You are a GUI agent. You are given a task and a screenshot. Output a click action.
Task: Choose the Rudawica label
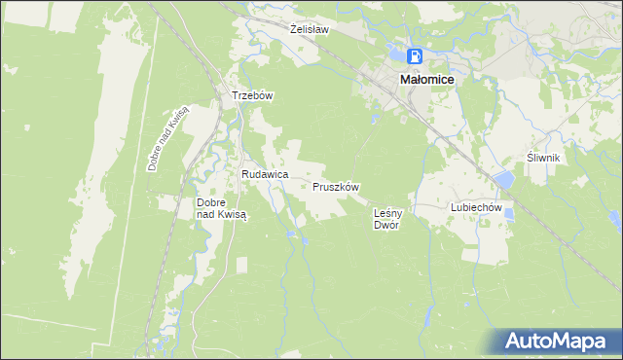click(265, 173)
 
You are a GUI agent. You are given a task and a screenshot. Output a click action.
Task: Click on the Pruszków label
click(337, 186)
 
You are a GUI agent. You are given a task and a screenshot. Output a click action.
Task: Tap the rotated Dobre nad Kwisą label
click(168, 140)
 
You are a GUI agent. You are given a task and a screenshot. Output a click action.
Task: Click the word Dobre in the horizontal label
click(211, 202)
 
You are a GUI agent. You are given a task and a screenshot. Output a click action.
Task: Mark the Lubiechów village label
click(475, 207)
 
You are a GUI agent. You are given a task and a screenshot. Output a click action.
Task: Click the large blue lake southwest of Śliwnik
click(503, 180)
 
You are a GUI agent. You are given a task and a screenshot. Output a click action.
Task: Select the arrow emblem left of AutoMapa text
click(514, 341)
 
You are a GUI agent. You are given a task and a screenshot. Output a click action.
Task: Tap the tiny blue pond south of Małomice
click(376, 121)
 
